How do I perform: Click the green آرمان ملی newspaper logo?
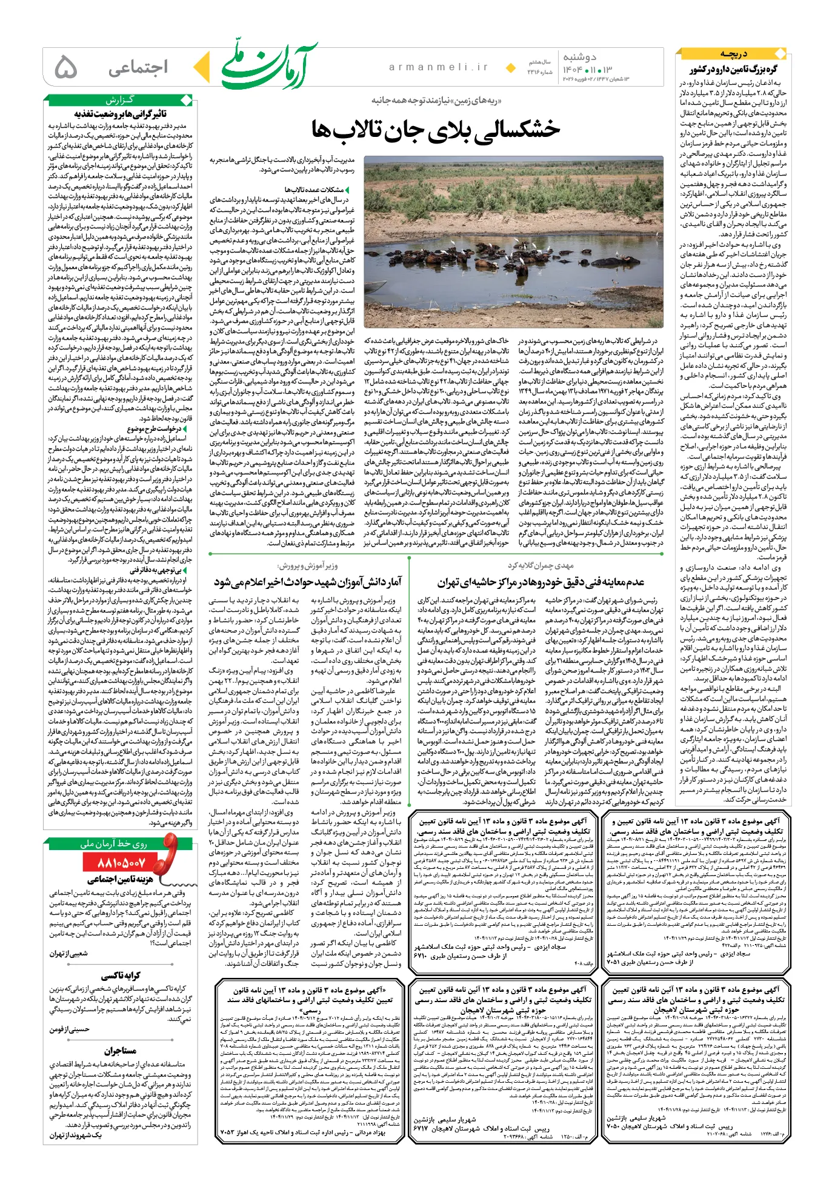tap(269, 66)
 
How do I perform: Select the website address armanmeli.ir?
tap(439, 67)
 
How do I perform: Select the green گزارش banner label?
tap(120, 99)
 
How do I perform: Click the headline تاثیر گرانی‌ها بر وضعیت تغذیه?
tap(120, 113)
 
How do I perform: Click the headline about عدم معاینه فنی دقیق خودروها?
tap(541, 582)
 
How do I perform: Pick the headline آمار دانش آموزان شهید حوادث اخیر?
tap(307, 582)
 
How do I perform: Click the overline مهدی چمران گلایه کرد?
tap(541, 565)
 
